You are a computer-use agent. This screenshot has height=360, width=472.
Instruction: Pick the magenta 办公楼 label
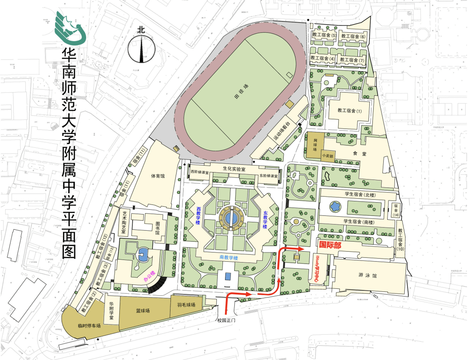click(150, 277)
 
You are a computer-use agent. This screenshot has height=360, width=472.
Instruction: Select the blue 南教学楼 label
click(229, 258)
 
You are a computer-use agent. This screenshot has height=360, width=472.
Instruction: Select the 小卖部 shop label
click(327, 155)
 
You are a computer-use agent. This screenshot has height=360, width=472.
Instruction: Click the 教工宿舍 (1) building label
click(348, 111)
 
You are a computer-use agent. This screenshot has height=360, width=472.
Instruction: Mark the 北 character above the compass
click(141, 30)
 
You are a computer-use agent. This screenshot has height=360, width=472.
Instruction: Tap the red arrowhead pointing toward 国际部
click(300, 248)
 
